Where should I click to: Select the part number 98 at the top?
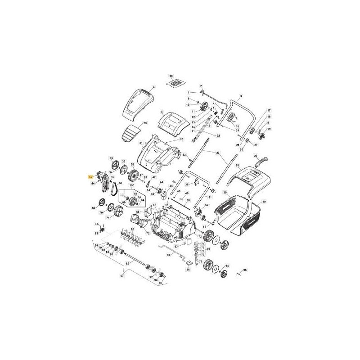pos(171,77)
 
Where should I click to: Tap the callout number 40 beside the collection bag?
pos(264,202)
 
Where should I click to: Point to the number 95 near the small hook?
pos(245,270)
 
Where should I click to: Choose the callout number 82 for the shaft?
pos(127,263)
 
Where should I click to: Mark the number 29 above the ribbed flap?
pos(145,123)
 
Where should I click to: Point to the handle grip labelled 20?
pos(261,162)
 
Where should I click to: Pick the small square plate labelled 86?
pos(189,263)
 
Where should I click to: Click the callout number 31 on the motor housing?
pos(141,143)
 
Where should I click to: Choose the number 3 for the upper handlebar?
pos(241,96)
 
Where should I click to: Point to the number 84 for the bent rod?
pos(168,255)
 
